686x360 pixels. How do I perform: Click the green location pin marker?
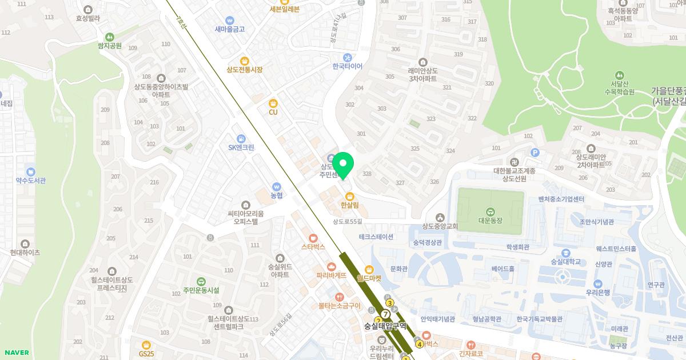(x=343, y=165)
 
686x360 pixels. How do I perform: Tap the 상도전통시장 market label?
(x=244, y=70)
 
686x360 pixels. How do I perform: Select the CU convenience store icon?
(x=273, y=103)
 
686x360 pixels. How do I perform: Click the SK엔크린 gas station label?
(x=241, y=147)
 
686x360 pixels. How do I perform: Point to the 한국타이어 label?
(x=348, y=66)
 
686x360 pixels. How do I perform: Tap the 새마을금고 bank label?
(x=230, y=29)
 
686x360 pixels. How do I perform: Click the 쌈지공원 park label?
(x=109, y=46)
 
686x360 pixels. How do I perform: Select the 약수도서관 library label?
(x=31, y=180)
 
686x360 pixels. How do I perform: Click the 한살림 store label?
(x=349, y=205)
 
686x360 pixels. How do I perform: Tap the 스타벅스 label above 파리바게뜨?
(x=313, y=247)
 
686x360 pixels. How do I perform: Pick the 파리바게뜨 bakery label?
(x=332, y=275)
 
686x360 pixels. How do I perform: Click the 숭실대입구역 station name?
(x=385, y=326)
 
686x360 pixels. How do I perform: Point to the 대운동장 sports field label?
(x=489, y=218)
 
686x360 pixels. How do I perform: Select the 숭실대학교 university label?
(x=565, y=262)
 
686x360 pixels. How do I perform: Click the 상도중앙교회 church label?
(x=440, y=226)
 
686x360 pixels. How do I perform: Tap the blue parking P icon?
(x=535, y=153)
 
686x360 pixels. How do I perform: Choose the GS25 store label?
(x=147, y=354)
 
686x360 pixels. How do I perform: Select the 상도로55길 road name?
(x=348, y=222)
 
